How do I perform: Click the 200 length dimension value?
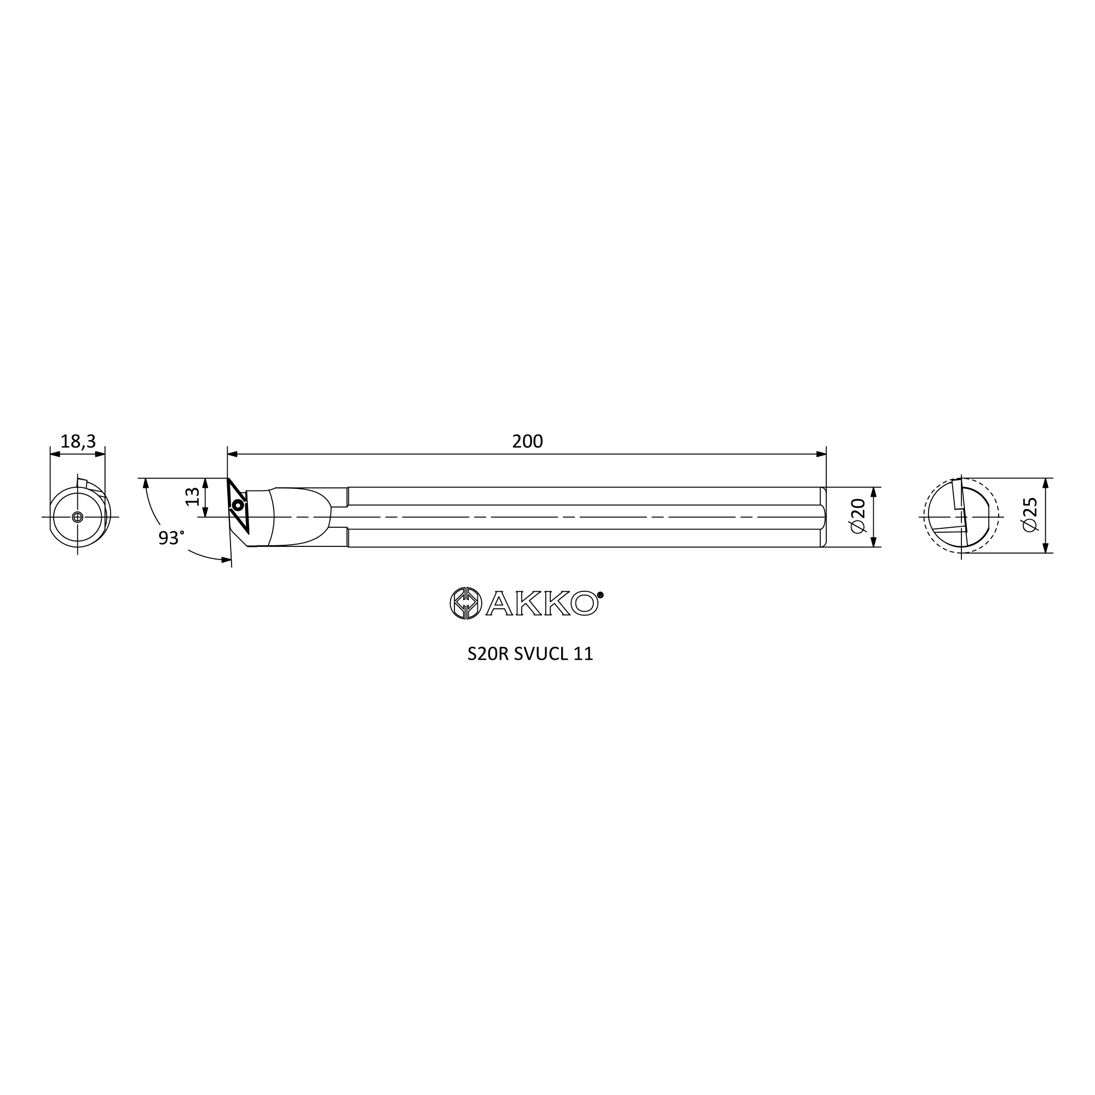click(527, 441)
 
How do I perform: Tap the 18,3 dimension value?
click(78, 441)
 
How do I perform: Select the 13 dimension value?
click(193, 497)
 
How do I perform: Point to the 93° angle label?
click(171, 538)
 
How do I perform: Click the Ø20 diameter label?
click(858, 515)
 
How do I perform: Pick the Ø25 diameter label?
click(1030, 515)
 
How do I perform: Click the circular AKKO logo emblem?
click(466, 603)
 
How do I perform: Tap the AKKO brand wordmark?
click(542, 603)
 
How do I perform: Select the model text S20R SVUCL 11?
click(530, 654)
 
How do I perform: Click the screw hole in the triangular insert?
click(238, 504)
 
